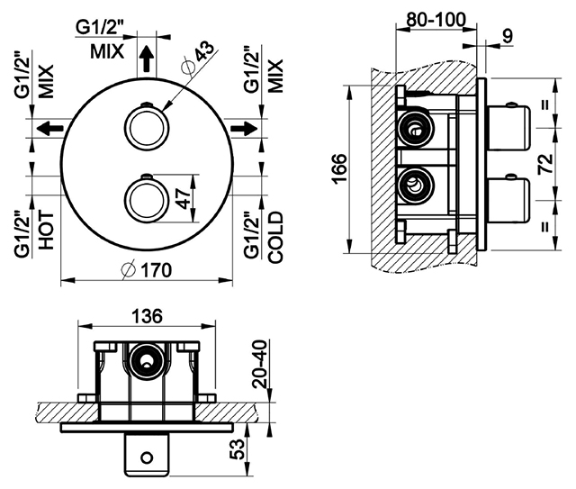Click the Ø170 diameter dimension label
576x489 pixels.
pyautogui.click(x=146, y=270)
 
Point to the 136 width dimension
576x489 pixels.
pyautogui.click(x=147, y=316)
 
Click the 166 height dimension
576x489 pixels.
pyautogui.click(x=340, y=168)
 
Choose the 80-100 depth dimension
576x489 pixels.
pyautogui.click(x=436, y=20)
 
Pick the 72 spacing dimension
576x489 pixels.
pyautogui.click(x=545, y=164)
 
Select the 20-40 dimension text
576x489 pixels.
pyautogui.click(x=260, y=364)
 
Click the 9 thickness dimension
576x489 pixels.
pyautogui.click(x=507, y=36)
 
